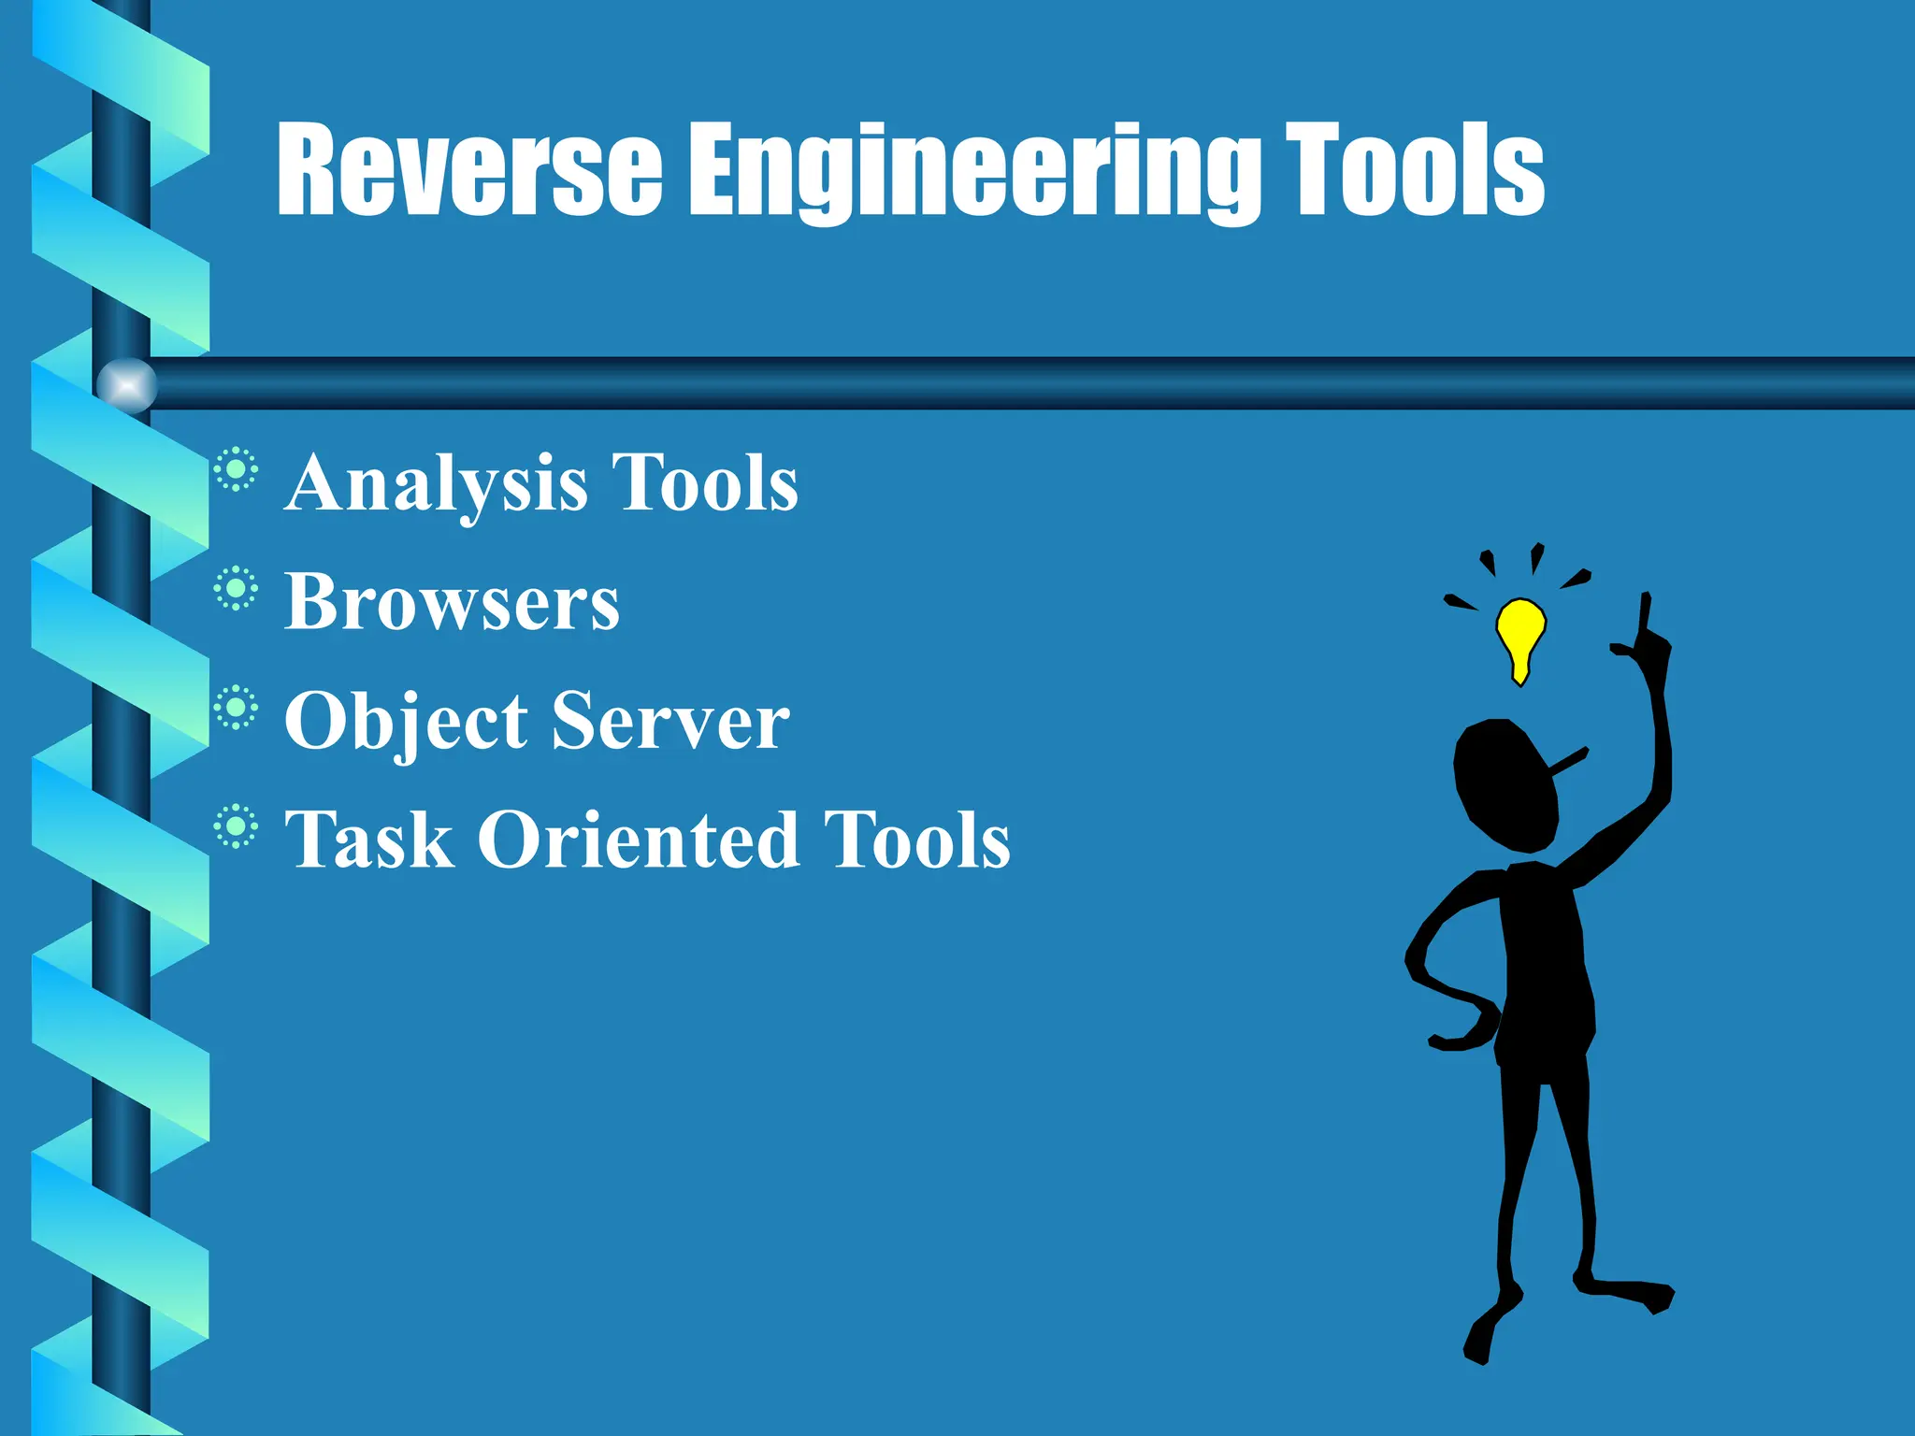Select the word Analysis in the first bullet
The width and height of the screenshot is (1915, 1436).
[436, 484]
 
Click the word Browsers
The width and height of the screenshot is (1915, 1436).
[452, 603]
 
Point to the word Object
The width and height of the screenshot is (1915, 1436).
[406, 722]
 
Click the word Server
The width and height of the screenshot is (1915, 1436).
[670, 722]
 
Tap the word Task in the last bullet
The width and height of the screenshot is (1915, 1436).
[369, 840]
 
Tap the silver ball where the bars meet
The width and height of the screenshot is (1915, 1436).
[127, 385]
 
